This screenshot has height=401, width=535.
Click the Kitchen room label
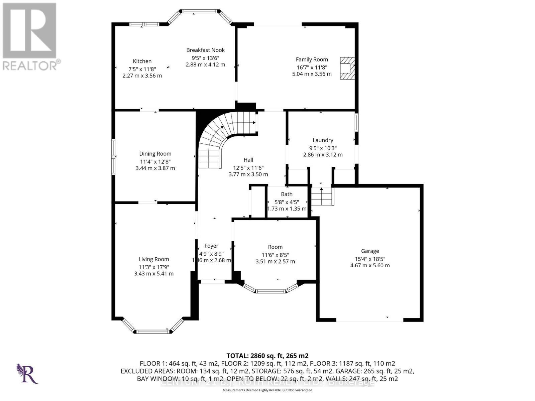coord(142,61)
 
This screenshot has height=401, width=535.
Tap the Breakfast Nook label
coord(205,50)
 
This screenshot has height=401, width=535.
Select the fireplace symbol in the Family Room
coord(347,68)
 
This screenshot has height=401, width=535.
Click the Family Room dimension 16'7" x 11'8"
coord(312,67)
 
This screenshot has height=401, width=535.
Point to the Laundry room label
coord(323,140)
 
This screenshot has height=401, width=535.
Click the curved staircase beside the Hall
coord(214,140)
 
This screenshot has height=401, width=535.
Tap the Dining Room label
coord(155,154)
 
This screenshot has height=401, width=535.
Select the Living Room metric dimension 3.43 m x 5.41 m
coord(154,274)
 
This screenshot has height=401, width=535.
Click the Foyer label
coord(211,246)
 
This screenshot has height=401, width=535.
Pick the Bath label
coord(287,194)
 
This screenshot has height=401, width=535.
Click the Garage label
coord(370,251)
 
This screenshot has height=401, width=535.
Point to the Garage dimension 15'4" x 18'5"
coord(370,259)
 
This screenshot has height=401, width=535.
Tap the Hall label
coord(248,160)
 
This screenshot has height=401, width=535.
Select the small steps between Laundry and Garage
coord(322,197)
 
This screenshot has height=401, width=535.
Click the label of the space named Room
coord(275,247)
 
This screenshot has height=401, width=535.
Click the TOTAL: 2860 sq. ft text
coord(267,356)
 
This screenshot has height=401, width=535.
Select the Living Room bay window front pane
coord(153,331)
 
